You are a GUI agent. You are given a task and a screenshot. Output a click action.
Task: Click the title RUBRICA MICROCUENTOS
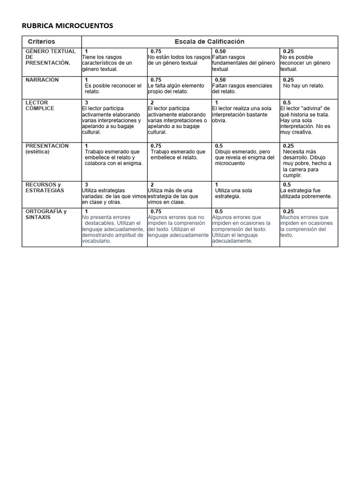click(x=67, y=26)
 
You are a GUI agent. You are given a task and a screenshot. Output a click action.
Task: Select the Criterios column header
click(x=41, y=42)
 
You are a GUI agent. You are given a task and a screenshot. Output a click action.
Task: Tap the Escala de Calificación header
click(x=209, y=42)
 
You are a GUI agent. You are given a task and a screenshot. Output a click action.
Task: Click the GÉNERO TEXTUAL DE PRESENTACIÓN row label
click(x=50, y=57)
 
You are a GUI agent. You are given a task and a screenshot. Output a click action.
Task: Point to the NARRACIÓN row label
click(x=42, y=80)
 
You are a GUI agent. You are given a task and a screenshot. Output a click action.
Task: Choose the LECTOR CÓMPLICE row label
click(x=40, y=105)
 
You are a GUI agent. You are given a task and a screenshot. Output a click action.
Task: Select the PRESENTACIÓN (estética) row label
click(x=47, y=149)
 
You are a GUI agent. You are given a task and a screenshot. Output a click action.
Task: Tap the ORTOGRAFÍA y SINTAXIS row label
click(x=46, y=214)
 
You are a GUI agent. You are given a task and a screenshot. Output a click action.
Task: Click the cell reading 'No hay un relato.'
click(x=303, y=86)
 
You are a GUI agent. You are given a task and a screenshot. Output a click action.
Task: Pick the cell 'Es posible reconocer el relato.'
click(x=112, y=89)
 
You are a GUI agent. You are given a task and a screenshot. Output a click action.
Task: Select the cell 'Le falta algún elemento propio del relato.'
click(x=176, y=89)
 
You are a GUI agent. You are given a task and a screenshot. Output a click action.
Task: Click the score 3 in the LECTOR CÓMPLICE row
click(x=87, y=103)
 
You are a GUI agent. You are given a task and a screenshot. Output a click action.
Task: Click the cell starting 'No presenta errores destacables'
click(x=112, y=229)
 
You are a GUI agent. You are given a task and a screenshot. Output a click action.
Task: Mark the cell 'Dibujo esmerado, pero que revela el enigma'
click(x=244, y=157)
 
